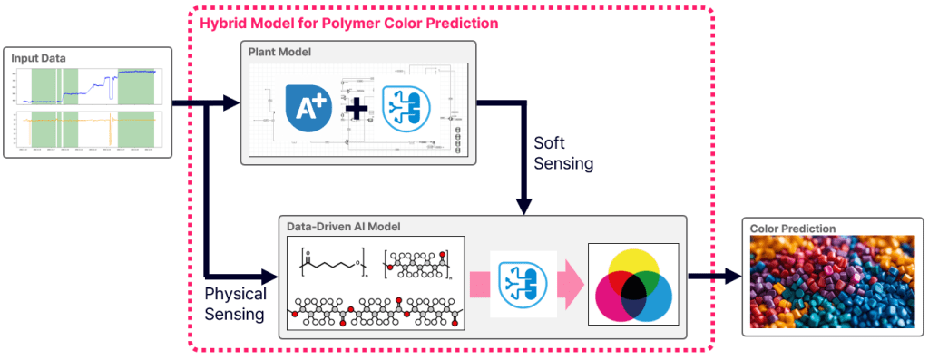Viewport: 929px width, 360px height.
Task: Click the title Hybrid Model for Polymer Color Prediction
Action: (x=348, y=22)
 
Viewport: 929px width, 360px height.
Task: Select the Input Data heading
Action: (x=39, y=59)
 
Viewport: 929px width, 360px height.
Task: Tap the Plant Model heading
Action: (x=279, y=53)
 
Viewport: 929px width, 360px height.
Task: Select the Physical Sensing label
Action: (x=235, y=304)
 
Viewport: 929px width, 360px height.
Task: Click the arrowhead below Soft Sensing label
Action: (x=523, y=205)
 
